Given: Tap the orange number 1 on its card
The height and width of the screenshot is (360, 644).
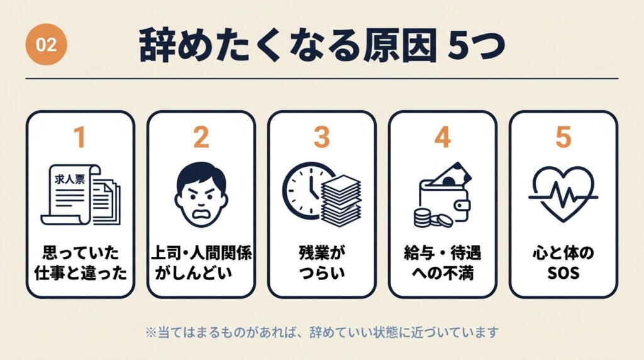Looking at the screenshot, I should point(79,138).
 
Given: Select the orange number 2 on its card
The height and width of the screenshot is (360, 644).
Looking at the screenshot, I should point(201,138).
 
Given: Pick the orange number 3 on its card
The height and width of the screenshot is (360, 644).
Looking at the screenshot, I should point(321,138).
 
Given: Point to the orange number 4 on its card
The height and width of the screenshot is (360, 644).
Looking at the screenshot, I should point(442,138).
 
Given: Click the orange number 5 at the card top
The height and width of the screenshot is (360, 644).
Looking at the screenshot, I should point(563,138).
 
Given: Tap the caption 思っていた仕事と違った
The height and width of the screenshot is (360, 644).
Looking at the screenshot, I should point(79,264).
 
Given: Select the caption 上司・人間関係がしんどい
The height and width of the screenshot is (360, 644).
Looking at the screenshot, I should point(201,264).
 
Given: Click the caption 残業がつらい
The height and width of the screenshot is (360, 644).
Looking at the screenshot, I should point(321,264).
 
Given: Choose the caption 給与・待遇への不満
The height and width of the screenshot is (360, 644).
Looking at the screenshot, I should point(442,264).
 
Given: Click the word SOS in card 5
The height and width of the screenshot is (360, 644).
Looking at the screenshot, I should point(563,275).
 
